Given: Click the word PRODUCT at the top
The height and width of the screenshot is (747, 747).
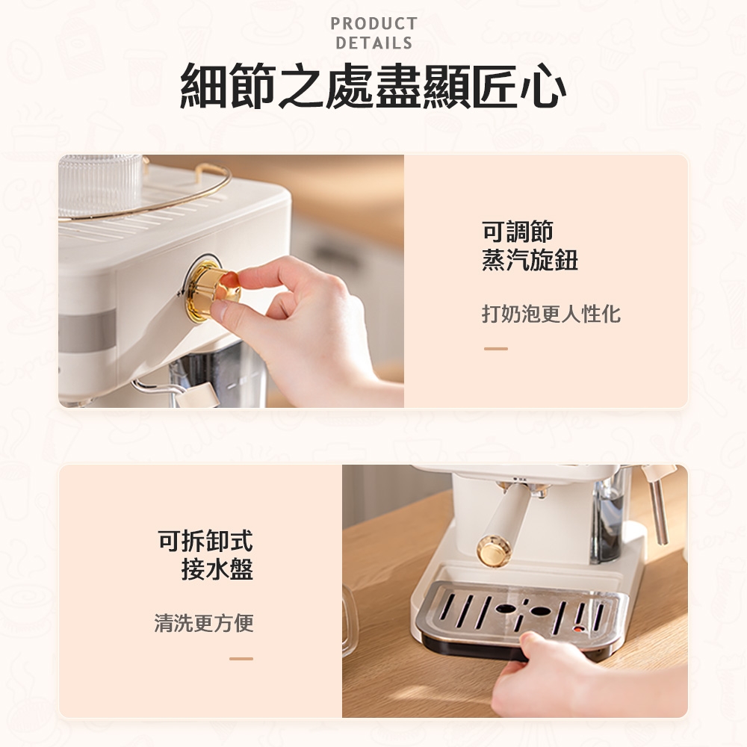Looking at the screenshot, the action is (x=373, y=23).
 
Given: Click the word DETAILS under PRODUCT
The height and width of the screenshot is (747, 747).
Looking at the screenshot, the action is (x=373, y=43).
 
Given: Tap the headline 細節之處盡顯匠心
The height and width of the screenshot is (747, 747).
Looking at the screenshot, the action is (x=373, y=86).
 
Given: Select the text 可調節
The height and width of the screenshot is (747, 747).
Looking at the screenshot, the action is (x=518, y=232).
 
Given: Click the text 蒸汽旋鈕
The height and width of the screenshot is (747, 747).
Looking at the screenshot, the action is (x=530, y=260).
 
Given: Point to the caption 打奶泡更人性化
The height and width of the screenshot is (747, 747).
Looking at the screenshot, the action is (x=551, y=314).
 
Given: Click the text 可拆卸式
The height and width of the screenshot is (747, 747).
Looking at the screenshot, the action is (x=205, y=541).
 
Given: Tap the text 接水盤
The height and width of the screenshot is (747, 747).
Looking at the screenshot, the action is (x=217, y=569).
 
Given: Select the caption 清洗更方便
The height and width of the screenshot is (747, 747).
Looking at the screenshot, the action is (x=204, y=623).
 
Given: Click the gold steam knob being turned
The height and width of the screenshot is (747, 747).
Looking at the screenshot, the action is (x=210, y=290).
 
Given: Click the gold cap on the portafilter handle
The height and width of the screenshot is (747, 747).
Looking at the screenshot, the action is (x=494, y=551).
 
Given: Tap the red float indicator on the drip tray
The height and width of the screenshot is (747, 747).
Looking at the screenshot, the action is (x=578, y=629).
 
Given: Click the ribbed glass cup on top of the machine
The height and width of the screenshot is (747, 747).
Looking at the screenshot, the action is (x=99, y=185).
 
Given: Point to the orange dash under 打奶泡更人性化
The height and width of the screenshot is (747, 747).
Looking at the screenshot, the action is (x=495, y=349).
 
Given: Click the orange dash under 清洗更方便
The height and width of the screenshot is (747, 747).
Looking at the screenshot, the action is (x=241, y=659).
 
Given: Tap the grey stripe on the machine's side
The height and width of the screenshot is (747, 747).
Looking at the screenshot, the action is (x=87, y=330).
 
